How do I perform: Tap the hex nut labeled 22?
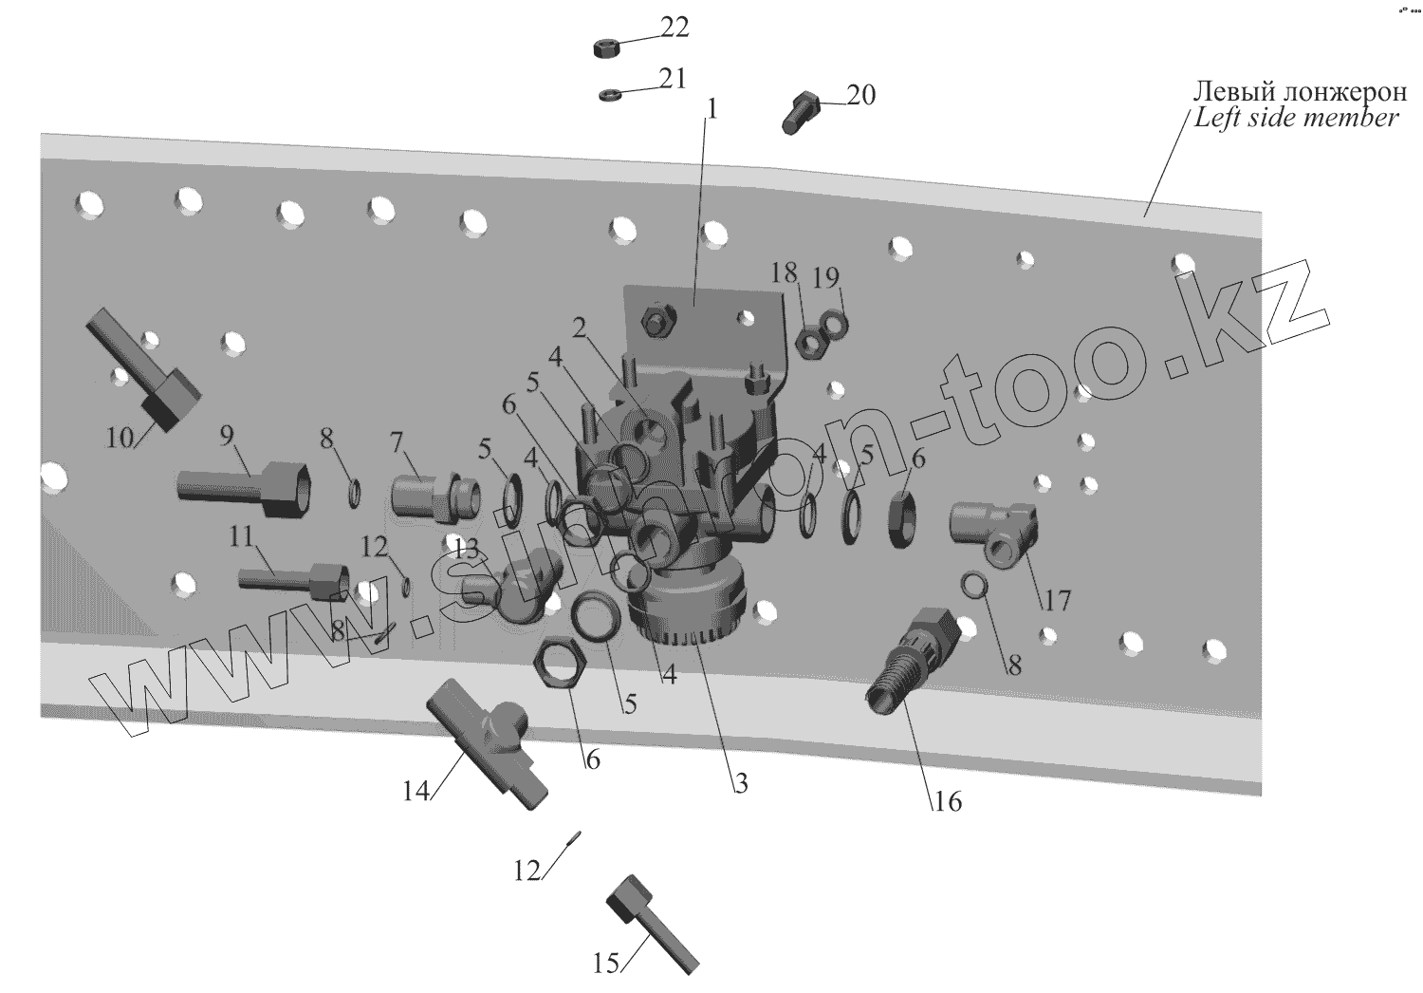[604, 47]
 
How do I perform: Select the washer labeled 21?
[610, 94]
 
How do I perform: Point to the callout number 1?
[711, 109]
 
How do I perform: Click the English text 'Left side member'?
[1295, 118]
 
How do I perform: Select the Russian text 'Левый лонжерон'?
[1300, 92]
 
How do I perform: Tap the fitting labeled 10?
[142, 367]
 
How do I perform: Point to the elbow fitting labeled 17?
[993, 531]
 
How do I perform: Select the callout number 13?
[466, 549]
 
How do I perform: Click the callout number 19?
[826, 277]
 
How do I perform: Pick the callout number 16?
[947, 802]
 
